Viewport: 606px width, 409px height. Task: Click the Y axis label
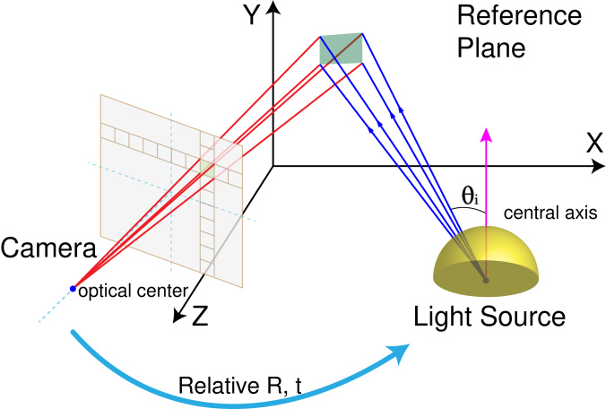(252, 15)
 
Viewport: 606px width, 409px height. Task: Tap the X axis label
(594, 143)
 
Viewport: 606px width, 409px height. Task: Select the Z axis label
(200, 317)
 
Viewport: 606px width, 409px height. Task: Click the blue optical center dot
(73, 289)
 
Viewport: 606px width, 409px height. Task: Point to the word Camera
(48, 248)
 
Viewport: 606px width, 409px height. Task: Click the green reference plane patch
(341, 48)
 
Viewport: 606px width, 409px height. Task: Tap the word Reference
(519, 15)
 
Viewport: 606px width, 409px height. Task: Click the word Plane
(491, 48)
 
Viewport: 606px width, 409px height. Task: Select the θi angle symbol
(470, 196)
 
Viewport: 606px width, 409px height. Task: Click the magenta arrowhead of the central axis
(486, 135)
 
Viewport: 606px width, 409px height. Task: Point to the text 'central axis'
(550, 213)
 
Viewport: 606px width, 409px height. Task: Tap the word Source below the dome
(524, 317)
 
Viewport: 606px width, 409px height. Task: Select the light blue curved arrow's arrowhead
(398, 352)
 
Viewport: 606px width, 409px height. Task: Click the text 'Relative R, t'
(239, 386)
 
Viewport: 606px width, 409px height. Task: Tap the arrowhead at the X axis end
(598, 166)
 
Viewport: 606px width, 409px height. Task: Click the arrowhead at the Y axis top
(273, 7)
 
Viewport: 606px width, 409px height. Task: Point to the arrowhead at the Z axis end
(177, 316)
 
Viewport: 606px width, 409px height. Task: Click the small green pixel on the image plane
(207, 168)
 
